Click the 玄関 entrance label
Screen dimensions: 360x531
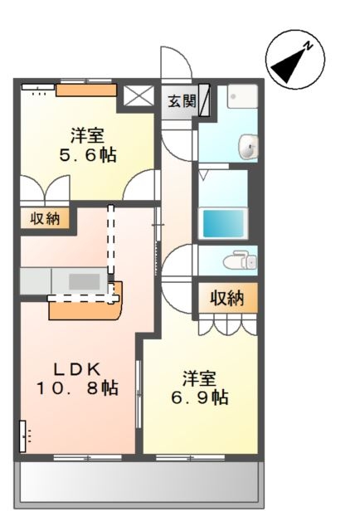pyautogui.click(x=182, y=101)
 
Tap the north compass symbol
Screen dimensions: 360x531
pyautogui.click(x=295, y=59)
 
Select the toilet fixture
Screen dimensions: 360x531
pyautogui.click(x=240, y=261)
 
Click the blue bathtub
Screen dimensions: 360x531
pyautogui.click(x=223, y=223)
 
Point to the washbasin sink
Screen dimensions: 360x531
pyautogui.click(x=248, y=146)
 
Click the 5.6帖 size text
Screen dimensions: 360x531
pyautogui.click(x=88, y=155)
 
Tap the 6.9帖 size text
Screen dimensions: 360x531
pyautogui.click(x=199, y=397)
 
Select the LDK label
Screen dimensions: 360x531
pyautogui.click(x=77, y=370)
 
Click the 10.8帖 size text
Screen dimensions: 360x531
pyautogui.click(x=77, y=388)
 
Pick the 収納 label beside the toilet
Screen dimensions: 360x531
pyautogui.click(x=227, y=298)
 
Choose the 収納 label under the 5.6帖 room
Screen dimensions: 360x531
pyautogui.click(x=45, y=218)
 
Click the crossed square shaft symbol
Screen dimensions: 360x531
pyautogui.click(x=139, y=95)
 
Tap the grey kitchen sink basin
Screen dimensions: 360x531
pyautogui.click(x=85, y=281)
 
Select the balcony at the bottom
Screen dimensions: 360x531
pyautogui.click(x=139, y=484)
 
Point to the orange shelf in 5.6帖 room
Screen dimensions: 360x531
pyautogui.click(x=86, y=90)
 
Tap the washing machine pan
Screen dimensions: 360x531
pyautogui.click(x=242, y=96)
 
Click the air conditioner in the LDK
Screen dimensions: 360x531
pyautogui.click(x=22, y=436)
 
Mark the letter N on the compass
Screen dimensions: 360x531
pyautogui.click(x=308, y=46)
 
